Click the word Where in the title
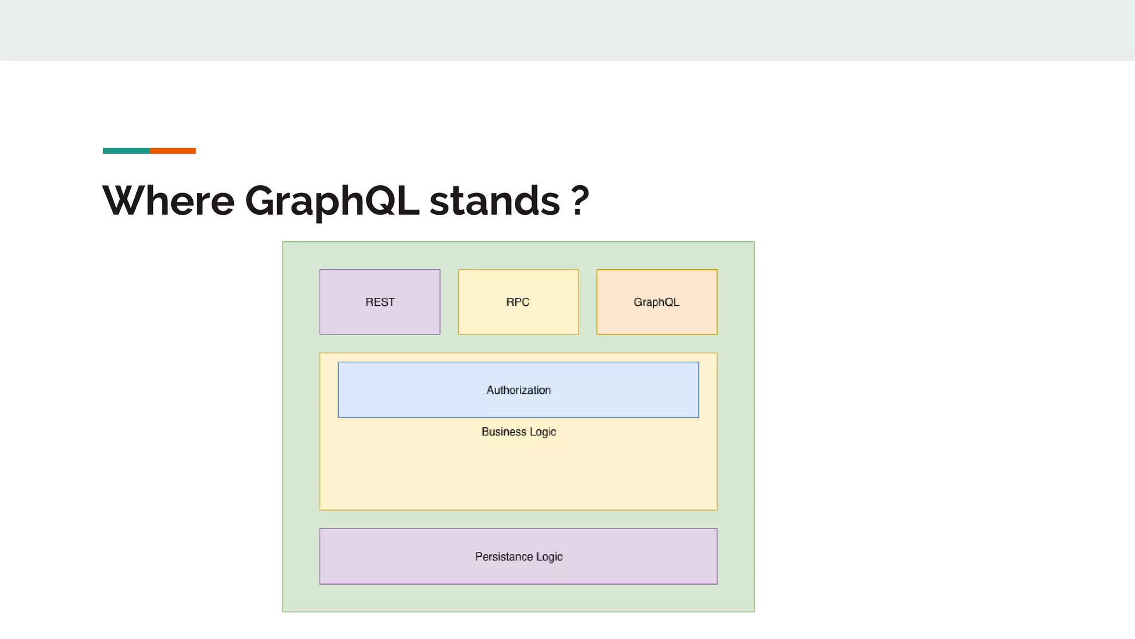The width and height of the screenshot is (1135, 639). point(168,200)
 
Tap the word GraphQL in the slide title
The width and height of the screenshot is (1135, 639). point(331,200)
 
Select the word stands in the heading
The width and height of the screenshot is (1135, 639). point(494,200)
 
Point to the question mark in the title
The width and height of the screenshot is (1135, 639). point(579,200)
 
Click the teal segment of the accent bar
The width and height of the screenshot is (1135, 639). point(126,151)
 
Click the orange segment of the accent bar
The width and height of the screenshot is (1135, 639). point(172,151)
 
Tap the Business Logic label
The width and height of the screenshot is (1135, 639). point(518,432)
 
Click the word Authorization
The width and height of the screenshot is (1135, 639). point(518,390)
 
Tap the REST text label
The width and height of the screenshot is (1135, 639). point(380,302)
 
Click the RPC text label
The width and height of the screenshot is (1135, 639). point(518,302)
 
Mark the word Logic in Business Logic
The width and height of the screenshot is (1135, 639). point(542,432)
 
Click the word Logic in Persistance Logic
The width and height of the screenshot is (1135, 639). point(549,557)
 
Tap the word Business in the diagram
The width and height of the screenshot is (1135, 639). point(503,432)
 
